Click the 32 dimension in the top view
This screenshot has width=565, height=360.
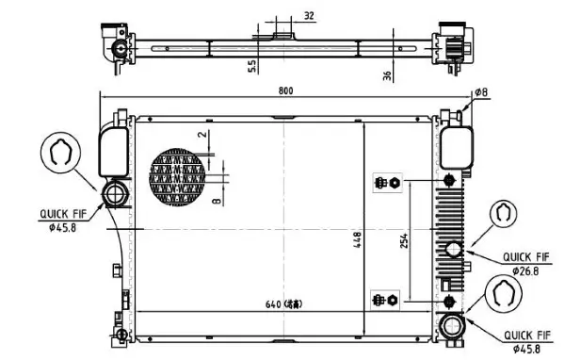310,17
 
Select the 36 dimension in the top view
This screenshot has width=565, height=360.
387,76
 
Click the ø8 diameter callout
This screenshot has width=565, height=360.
480,92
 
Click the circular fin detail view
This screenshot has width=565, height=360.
178,176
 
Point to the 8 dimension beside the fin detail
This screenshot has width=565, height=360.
217,200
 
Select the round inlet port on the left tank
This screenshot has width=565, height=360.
117,196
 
